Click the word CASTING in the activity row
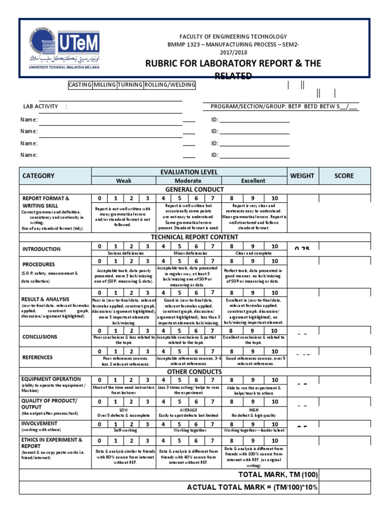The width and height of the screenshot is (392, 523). point(80,85)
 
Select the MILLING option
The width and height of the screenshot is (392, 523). point(104,85)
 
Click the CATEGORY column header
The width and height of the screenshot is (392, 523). point(38,176)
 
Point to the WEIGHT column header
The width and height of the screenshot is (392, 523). point(302,176)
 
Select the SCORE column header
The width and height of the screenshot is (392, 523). point(344,176)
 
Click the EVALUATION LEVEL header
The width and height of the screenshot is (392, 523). point(189,172)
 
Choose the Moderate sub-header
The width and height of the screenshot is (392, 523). point(188,181)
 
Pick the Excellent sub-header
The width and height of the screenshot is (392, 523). point(253,181)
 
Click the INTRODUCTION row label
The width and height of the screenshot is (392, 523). point(41,249)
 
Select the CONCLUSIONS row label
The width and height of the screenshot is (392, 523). point(40,337)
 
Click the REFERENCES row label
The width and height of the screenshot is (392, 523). point(37,358)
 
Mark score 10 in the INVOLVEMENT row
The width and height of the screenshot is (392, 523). point(275,424)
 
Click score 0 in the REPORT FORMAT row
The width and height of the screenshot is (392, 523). point(100,199)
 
